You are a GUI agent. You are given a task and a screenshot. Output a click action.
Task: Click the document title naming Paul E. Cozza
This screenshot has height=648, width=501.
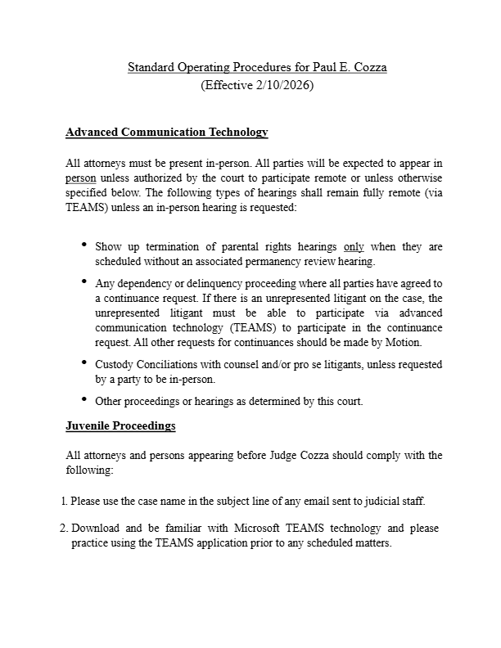click(x=257, y=67)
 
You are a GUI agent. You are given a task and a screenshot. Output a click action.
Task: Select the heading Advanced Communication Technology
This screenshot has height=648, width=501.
click(x=166, y=132)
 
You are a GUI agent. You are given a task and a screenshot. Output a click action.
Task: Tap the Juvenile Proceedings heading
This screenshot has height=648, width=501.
click(x=120, y=426)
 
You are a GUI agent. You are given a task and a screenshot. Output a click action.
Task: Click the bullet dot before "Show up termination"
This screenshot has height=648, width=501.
click(x=84, y=245)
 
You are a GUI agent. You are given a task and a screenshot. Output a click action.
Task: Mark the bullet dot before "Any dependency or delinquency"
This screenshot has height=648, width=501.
click(x=84, y=281)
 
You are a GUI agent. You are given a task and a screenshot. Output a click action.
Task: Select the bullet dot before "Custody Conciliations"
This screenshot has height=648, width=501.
click(x=84, y=362)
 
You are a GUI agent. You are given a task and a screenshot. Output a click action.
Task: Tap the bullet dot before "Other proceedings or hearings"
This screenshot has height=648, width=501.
click(x=84, y=399)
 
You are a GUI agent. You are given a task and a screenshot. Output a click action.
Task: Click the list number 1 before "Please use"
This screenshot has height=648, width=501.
click(x=64, y=500)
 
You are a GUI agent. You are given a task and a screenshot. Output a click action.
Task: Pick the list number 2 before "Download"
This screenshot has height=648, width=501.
click(x=64, y=528)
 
